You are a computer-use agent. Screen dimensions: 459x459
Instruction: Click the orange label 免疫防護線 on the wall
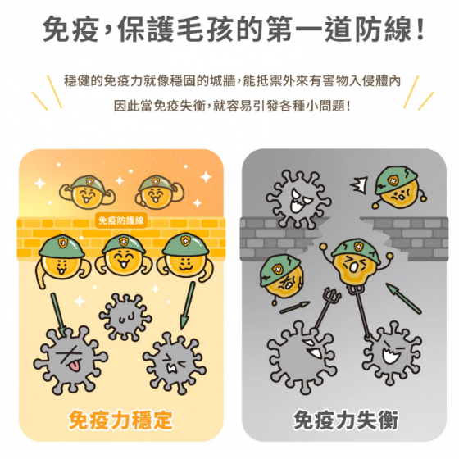point(121,220)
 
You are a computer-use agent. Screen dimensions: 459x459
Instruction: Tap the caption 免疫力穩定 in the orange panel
point(120,420)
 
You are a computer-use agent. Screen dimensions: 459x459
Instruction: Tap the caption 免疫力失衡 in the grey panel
point(346,420)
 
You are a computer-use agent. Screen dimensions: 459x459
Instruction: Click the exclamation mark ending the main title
point(420,29)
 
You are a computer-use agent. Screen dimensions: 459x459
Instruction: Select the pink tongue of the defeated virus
point(73,366)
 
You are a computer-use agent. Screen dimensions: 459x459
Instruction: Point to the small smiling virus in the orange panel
point(125,317)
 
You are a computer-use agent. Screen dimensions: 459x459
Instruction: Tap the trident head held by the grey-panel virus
point(332,297)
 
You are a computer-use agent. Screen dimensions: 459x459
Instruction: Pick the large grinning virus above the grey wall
point(298,200)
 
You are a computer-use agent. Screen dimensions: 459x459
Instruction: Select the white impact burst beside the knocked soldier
point(359,185)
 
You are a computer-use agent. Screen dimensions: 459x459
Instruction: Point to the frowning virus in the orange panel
point(174,363)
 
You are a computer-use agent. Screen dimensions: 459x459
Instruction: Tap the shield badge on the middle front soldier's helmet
point(123,242)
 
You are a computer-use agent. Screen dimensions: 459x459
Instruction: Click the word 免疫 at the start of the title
point(70,29)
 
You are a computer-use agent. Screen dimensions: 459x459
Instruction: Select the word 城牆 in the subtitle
point(223,81)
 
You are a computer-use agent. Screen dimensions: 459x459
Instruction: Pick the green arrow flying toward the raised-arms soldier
point(404,298)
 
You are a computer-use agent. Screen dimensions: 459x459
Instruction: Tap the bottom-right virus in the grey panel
point(392,353)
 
